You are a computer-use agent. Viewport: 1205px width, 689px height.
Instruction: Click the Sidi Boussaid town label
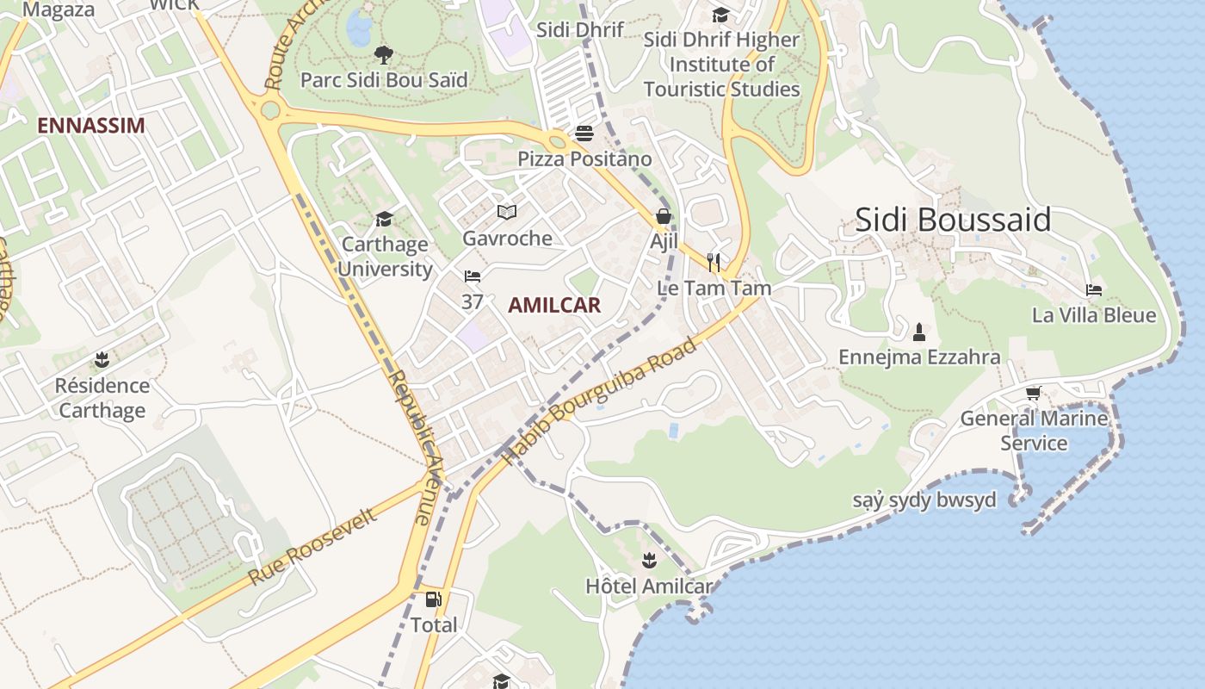coord(953,220)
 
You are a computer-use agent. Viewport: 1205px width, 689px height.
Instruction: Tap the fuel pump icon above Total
coord(434,599)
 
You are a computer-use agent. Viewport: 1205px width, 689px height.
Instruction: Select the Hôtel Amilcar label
coord(649,587)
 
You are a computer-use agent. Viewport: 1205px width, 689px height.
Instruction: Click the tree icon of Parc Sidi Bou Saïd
coord(384,56)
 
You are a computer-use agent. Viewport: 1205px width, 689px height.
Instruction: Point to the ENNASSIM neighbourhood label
coord(90,126)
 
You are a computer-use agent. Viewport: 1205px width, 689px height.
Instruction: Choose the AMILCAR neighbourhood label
coord(554,305)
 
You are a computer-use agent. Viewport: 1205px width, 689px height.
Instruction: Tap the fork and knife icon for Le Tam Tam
coord(714,262)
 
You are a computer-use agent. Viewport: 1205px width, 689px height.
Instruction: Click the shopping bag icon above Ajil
coord(664,216)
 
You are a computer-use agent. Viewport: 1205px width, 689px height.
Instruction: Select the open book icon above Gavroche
coord(507,212)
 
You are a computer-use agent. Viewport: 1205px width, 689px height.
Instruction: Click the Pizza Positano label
coord(584,159)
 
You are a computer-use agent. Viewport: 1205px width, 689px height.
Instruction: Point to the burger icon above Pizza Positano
coord(584,133)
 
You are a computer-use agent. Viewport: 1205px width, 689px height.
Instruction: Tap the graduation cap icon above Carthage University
coord(384,220)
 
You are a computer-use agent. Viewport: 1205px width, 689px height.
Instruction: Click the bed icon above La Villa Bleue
coord(1094,289)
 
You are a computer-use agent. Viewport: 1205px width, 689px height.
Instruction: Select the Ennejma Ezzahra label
coord(919,357)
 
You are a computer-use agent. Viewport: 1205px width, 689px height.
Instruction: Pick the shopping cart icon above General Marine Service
coord(1033,393)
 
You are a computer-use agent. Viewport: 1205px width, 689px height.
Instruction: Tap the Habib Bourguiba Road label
coord(600,401)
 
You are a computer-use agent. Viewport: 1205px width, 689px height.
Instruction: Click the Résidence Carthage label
coord(102,398)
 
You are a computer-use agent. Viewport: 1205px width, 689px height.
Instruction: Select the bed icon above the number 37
coord(472,276)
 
